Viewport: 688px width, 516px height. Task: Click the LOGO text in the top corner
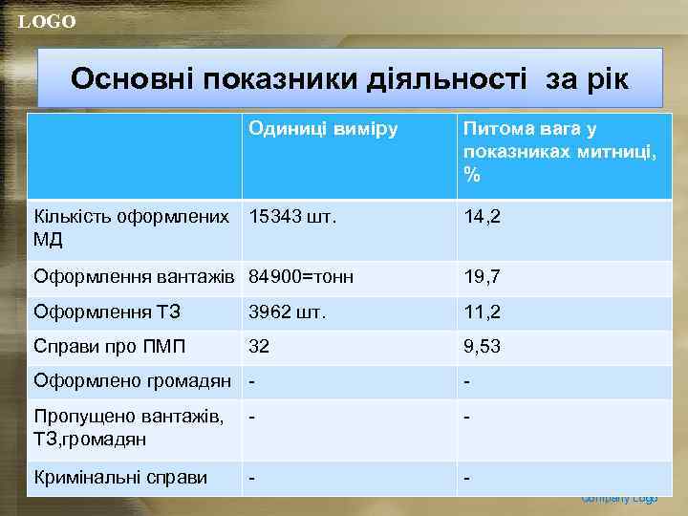tap(47, 22)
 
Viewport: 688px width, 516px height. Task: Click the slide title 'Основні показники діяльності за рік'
tap(350, 78)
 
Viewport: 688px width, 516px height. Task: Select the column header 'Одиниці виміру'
tap(323, 129)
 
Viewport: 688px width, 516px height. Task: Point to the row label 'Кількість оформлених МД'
tap(131, 227)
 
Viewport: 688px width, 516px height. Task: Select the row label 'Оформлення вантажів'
tap(134, 277)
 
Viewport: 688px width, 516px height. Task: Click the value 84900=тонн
tap(301, 277)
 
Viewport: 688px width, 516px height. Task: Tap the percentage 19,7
tap(483, 277)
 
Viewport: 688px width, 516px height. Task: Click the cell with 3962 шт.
tap(288, 312)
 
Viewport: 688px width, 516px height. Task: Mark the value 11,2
tap(483, 312)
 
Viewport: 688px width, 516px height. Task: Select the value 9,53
tap(483, 346)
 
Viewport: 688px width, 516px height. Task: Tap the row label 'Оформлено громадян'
tap(132, 381)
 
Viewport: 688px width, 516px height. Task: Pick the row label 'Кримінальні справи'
tap(120, 477)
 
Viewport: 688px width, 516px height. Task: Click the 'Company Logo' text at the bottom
tap(619, 499)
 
